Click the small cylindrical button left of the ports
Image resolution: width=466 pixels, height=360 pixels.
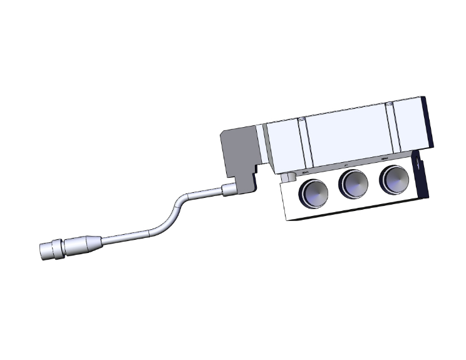[x=288, y=178]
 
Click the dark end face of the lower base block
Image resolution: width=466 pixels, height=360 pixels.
[x=422, y=182]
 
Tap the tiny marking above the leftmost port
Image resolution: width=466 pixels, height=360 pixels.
[x=306, y=172]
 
